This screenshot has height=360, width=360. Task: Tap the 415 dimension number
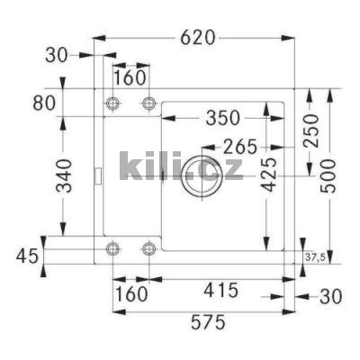pyautogui.click(x=220, y=290)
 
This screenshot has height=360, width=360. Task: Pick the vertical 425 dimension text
pyautogui.click(x=266, y=175)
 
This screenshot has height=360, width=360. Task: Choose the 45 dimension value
pyautogui.click(x=28, y=256)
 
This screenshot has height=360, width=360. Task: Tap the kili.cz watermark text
pyautogui.click(x=180, y=166)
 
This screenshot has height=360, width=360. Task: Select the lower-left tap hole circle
pyautogui.click(x=112, y=247)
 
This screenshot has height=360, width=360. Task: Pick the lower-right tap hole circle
pyautogui.click(x=149, y=247)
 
